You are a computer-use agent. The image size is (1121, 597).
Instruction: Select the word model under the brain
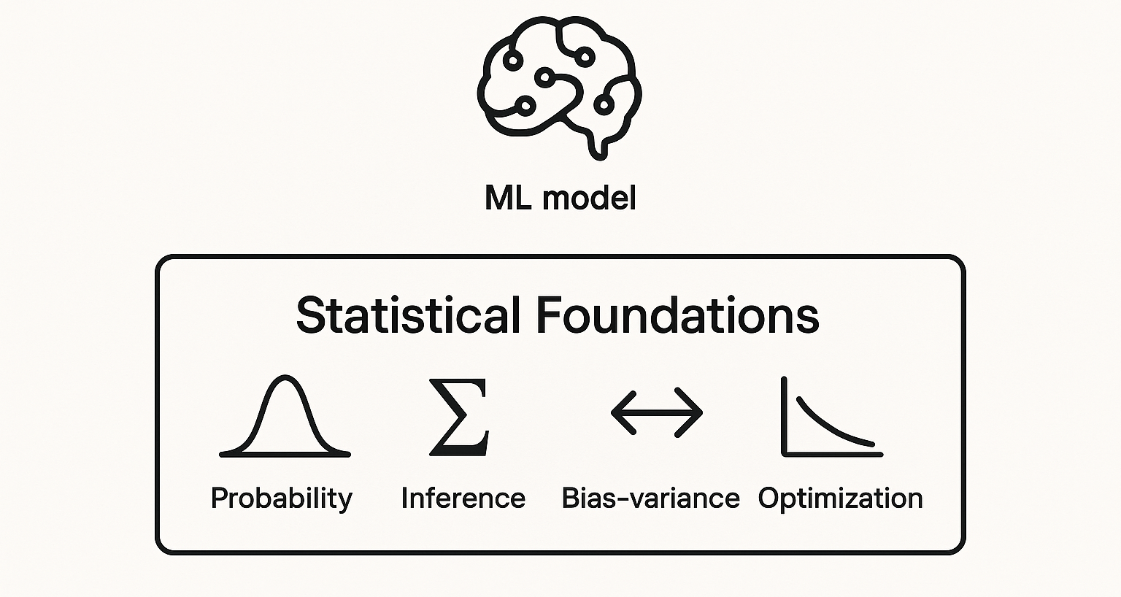pyautogui.click(x=590, y=198)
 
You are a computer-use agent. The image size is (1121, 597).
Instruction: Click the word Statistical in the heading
pyautogui.click(x=408, y=315)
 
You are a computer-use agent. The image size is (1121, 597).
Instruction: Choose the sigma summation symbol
pyautogui.click(x=459, y=417)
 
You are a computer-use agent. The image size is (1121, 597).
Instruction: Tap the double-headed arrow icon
pyautogui.click(x=656, y=412)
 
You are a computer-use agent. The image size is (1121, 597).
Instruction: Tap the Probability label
pyautogui.click(x=281, y=498)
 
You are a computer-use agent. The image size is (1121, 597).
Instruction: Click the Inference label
pyautogui.click(x=463, y=498)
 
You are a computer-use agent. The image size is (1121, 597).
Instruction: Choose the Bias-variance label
pyautogui.click(x=650, y=498)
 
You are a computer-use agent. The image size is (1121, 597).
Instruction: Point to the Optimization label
pyautogui.click(x=840, y=498)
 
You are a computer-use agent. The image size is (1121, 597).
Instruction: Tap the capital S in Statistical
pyautogui.click(x=310, y=315)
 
